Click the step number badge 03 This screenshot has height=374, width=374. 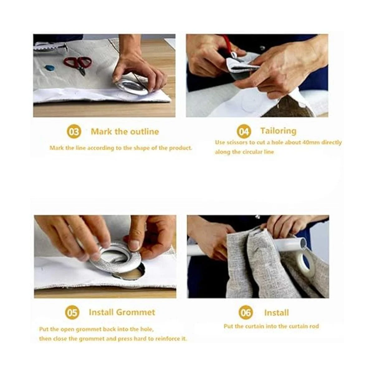tap(74, 132)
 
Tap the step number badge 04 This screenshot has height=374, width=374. tap(244, 132)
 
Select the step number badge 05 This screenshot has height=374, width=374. tap(72, 313)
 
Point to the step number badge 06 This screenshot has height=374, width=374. tap(246, 312)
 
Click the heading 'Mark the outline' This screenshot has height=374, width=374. tap(125, 132)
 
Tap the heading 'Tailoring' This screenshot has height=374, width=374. tap(278, 131)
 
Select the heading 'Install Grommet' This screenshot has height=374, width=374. tap(122, 312)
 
